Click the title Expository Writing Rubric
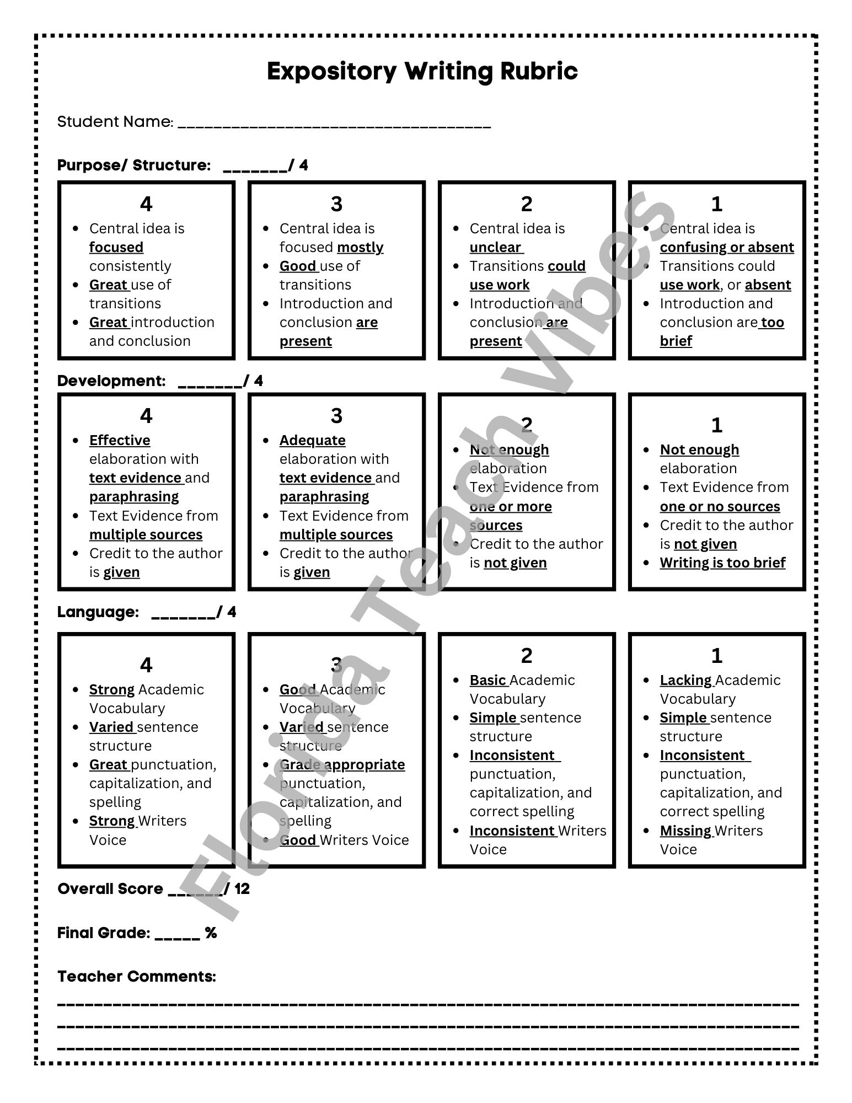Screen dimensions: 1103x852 coord(422,71)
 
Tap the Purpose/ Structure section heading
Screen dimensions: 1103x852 coord(134,165)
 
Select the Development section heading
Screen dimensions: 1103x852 coord(111,381)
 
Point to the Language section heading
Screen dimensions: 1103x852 coord(98,612)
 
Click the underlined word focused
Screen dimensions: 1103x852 coord(116,247)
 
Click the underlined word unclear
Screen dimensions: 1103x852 coord(495,247)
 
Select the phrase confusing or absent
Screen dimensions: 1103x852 coord(727,247)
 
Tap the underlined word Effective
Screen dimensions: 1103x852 coord(120,440)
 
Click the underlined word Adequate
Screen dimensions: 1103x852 coord(312,440)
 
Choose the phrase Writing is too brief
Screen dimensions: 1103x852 coord(722,563)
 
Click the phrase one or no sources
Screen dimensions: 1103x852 coord(720,506)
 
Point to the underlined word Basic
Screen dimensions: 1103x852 coord(487,680)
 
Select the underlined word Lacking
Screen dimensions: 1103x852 coord(685,680)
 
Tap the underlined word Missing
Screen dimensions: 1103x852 coord(685,831)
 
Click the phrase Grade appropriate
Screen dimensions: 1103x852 coord(342,764)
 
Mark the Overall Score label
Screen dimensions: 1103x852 coord(110,888)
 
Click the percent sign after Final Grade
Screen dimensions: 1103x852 coord(211,933)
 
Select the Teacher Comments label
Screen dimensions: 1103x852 coord(137,976)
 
